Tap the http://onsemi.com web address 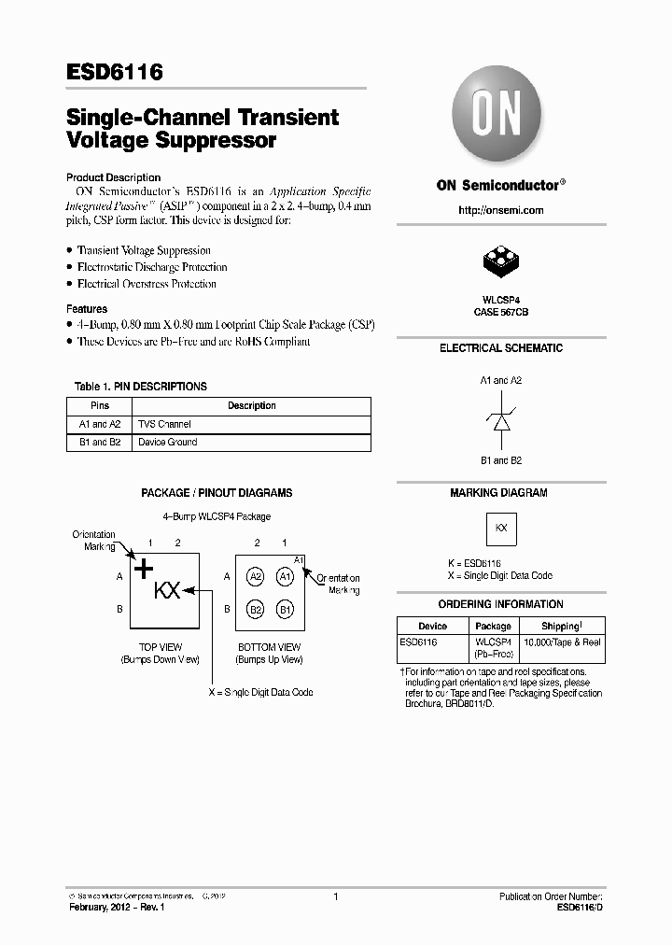pos(501,210)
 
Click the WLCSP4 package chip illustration pos(500,264)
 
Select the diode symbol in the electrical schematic pos(501,420)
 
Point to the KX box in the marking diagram pos(501,528)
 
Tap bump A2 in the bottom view pos(256,577)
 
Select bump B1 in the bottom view pos(286,610)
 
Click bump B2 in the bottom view pos(256,610)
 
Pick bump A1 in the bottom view pos(286,577)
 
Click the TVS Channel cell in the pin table pos(164,424)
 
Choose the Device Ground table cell pos(168,442)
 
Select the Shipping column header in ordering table pos(561,626)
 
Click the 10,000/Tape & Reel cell pos(561,642)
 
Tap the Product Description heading pos(113,177)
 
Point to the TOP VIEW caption pos(160,647)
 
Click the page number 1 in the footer pos(335,896)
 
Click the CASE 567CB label pos(501,312)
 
